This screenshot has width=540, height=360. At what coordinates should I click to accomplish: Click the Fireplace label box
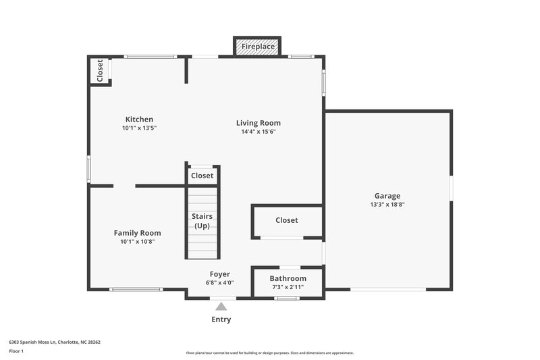pos(257,47)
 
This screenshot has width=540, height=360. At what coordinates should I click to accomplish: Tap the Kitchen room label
pos(139,120)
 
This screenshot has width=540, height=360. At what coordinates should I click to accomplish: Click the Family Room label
pos(137,233)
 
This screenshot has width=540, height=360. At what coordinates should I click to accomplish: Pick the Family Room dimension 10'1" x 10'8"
pos(137,242)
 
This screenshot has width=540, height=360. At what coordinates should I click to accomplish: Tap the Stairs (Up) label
pos(202,221)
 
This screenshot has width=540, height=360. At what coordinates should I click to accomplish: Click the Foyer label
pos(220,274)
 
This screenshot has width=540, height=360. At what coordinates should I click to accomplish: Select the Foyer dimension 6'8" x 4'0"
pos(220,283)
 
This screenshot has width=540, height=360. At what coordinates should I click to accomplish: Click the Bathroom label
pos(288,278)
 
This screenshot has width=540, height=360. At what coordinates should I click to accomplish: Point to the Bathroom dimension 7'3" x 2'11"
pos(288,287)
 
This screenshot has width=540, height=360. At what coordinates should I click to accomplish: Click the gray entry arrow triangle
pos(221,307)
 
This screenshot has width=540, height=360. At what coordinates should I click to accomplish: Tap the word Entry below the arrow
pos(221,319)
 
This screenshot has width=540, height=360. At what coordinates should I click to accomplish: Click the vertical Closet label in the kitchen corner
pos(100,71)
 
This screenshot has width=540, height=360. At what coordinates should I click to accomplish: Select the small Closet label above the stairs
pos(202,176)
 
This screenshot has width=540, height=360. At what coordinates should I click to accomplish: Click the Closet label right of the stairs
pos(286,220)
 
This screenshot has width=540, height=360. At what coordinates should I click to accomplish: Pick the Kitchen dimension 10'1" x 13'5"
pos(139,128)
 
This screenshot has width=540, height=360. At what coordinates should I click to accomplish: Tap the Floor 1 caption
pos(16,352)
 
